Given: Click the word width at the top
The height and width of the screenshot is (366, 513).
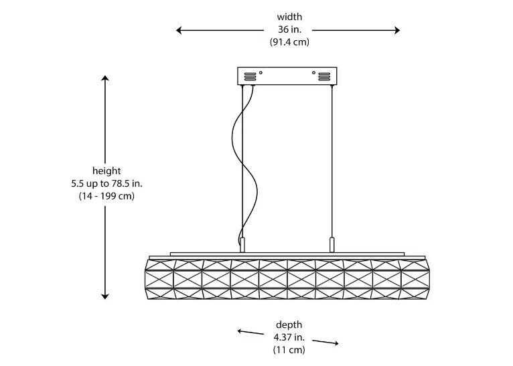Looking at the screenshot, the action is tap(289, 17).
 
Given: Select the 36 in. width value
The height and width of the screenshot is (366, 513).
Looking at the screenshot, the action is tap(289, 29).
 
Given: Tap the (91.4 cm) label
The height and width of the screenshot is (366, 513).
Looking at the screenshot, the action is tap(289, 42).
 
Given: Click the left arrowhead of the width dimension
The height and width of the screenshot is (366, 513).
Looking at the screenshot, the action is tap(179, 30).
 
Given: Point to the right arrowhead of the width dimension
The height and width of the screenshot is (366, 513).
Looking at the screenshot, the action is tap(397, 30).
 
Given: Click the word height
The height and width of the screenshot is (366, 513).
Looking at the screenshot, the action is tap(106, 171).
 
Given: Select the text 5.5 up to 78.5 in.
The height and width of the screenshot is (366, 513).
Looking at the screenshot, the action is tap(106, 183).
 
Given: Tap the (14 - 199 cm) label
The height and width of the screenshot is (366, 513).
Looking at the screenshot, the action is tap(106, 196).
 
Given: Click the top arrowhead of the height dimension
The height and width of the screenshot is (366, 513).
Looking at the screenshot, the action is tap(105, 78).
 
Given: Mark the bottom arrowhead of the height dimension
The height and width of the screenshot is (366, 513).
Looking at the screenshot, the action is tap(105, 296).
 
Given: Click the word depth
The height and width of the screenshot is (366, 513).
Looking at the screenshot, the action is tap(289, 325).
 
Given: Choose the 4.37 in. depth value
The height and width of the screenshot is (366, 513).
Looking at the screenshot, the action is tap(289, 337).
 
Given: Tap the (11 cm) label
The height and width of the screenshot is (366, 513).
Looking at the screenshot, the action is tap(289, 350).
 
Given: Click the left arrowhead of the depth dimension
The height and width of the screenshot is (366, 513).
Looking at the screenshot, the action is tap(240, 331).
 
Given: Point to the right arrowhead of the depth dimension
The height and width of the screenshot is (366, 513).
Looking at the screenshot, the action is tap(336, 343).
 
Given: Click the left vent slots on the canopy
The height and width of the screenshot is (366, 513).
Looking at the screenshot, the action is tap(250, 76).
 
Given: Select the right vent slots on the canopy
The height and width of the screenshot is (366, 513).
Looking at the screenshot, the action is tap(324, 76).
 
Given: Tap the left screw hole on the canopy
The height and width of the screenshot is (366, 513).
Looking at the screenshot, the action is tap(261, 72).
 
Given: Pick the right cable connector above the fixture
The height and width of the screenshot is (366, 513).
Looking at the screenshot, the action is tap(332, 245).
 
